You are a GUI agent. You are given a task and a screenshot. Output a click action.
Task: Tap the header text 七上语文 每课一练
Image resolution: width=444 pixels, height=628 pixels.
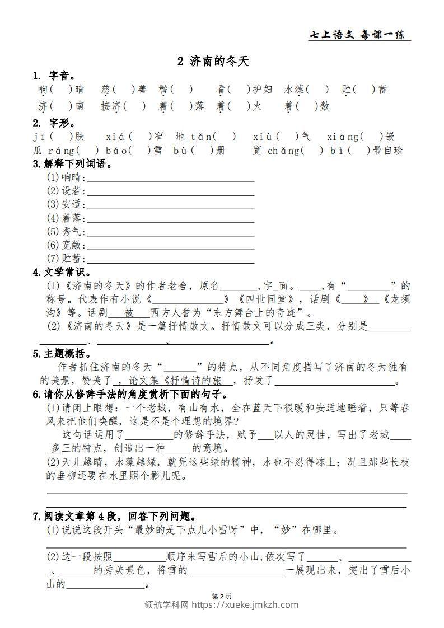[x=359, y=35]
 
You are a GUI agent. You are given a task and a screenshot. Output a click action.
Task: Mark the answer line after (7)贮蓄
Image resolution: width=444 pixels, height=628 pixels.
[x=171, y=259]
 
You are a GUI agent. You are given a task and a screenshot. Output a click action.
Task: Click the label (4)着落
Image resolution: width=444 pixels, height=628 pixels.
[x=66, y=218]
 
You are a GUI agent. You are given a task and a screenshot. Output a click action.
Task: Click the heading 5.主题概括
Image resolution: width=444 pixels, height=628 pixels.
[x=62, y=354]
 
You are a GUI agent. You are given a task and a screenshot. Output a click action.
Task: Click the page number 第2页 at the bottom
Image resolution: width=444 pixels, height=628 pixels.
[x=222, y=597]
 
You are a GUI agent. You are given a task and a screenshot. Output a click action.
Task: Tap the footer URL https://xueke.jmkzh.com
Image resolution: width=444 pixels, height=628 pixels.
[x=246, y=605]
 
